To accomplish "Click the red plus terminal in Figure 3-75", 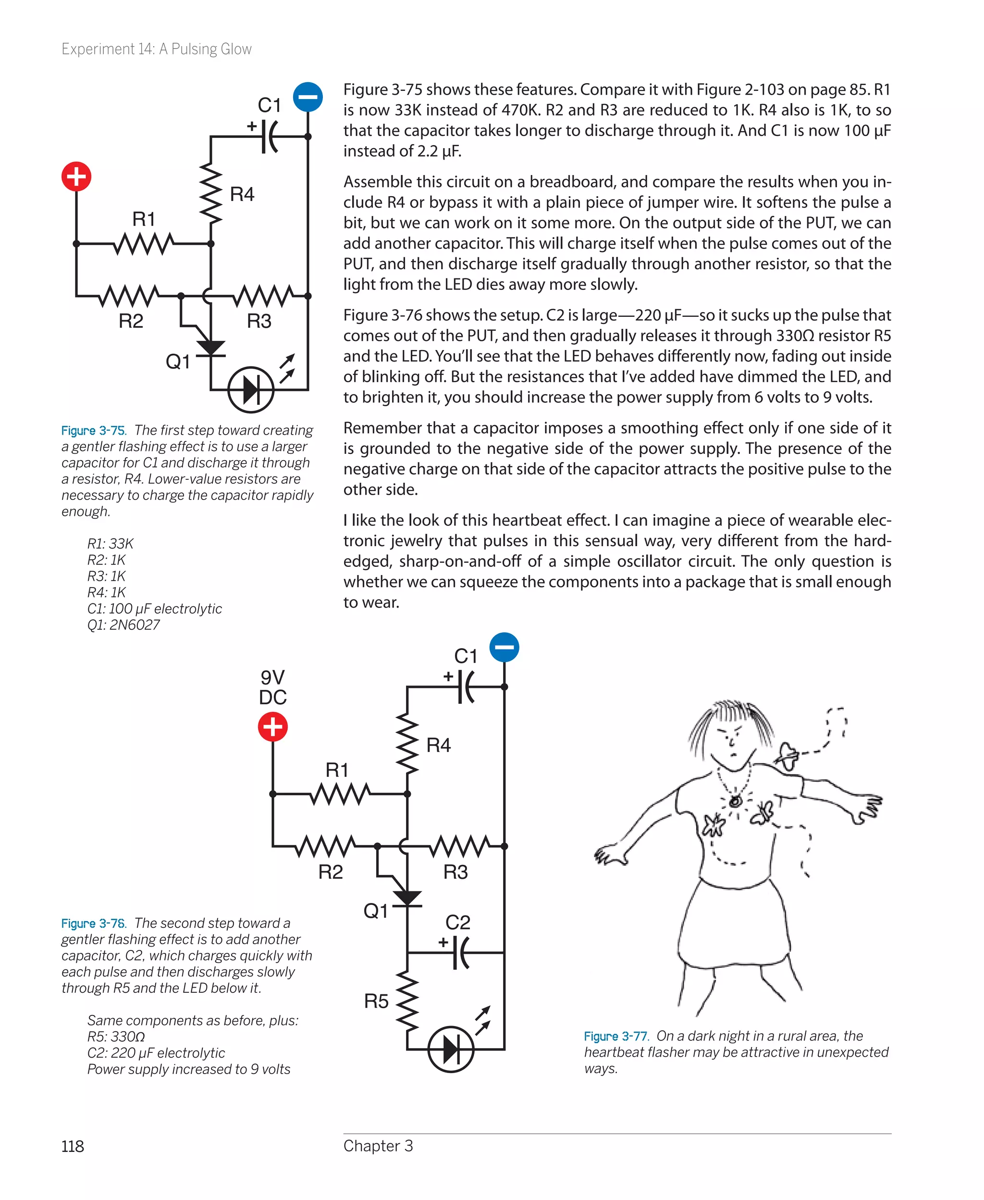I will (x=76, y=176).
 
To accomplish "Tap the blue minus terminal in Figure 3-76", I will (x=504, y=647).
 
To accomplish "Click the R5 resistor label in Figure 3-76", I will (x=376, y=1001).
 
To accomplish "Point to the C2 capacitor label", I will (x=457, y=922).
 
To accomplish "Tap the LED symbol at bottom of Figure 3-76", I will (x=451, y=1049).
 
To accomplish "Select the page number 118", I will (x=73, y=1146).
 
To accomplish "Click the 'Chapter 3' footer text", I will (x=378, y=1146).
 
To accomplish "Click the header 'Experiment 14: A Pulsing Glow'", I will (x=157, y=50).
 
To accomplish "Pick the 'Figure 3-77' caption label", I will (x=615, y=1036).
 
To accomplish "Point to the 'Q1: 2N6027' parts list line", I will (x=123, y=625).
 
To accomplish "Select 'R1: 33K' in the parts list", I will (x=110, y=543).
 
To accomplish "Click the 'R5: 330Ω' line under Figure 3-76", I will (x=116, y=1037).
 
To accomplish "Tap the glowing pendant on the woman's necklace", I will (x=735, y=801).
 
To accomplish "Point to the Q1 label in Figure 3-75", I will (x=177, y=361).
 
